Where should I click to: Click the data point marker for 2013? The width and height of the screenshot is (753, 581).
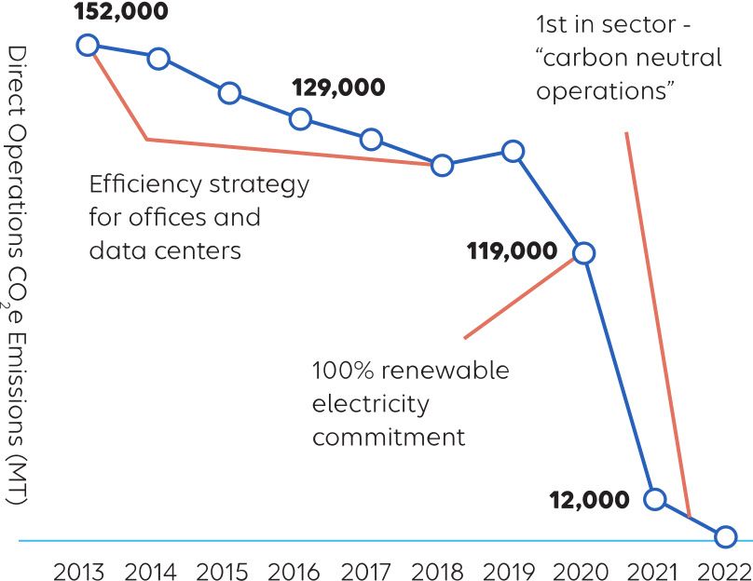tap(88, 46)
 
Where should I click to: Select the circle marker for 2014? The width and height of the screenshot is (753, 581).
tap(158, 59)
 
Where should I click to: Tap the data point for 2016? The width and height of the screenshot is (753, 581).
tap(300, 118)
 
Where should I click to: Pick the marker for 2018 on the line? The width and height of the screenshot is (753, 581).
tap(442, 166)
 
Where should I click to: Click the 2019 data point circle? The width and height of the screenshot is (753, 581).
tap(513, 151)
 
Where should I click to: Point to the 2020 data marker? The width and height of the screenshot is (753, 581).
tap(583, 252)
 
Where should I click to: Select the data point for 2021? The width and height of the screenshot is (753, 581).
tap(654, 499)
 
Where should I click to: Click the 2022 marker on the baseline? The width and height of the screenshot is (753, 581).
tap(725, 537)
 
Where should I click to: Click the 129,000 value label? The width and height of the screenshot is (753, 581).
tap(338, 88)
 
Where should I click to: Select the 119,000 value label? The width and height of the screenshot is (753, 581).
tap(513, 250)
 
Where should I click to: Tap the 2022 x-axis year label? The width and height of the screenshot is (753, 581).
tap(725, 570)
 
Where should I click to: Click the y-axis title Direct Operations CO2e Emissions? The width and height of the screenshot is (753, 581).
tap(16, 275)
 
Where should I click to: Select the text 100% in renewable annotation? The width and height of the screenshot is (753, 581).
tap(341, 371)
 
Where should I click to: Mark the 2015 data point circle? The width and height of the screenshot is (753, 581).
tap(229, 93)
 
